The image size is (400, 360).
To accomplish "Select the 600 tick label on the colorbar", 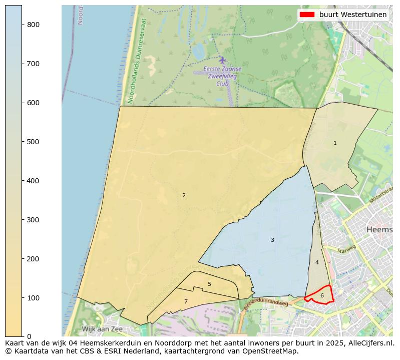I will pos(33,103).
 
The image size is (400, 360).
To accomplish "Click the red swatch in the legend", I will pos(307,15).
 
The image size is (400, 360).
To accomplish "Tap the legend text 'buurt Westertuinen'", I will pos(353,15).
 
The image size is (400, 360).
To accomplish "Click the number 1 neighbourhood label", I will pos(335,143).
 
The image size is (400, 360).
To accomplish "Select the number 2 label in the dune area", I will pos(184,196).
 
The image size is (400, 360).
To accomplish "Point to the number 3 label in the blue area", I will pos(272,240).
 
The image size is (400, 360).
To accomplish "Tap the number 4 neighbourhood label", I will pos(317,263).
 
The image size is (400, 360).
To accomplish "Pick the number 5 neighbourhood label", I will pos(209,284).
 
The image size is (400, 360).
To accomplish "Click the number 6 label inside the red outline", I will pos(322,296).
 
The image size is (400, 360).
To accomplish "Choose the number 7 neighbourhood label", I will pos(186,302).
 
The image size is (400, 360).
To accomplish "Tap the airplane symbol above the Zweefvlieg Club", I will pos(222,60).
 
